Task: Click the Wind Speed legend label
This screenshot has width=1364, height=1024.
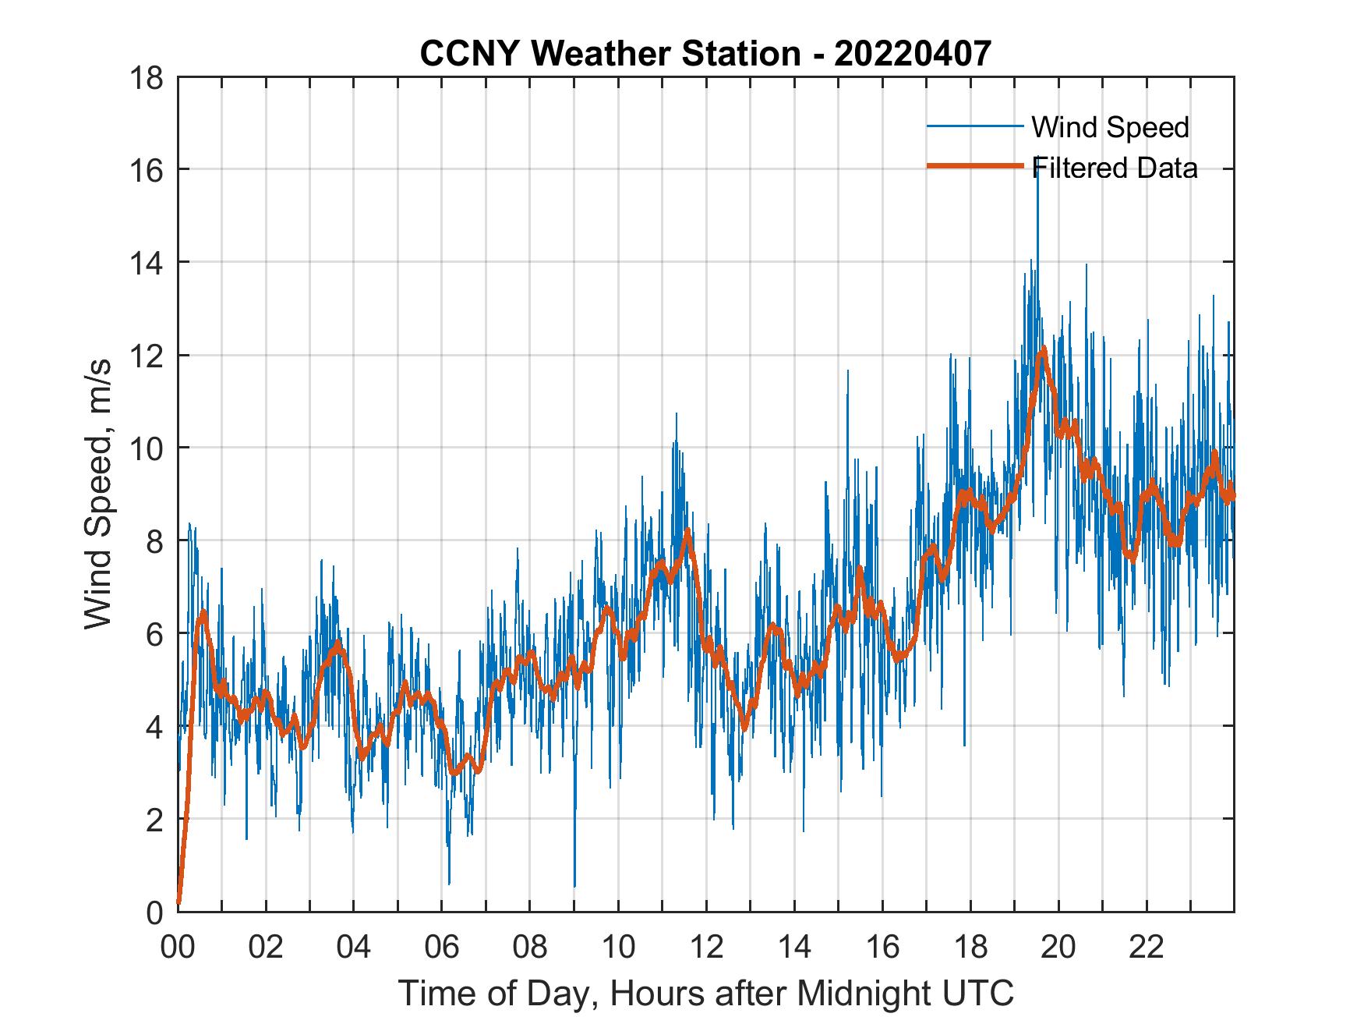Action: (x=1110, y=127)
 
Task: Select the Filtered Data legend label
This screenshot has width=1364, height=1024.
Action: (x=1115, y=168)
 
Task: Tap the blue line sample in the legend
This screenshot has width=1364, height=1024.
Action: (x=974, y=126)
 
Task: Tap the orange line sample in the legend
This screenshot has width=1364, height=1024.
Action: (x=974, y=166)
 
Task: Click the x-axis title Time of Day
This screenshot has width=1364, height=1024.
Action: (x=706, y=994)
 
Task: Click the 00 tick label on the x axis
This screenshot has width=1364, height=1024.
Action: (x=178, y=948)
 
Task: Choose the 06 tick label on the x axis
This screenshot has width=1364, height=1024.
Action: (x=442, y=948)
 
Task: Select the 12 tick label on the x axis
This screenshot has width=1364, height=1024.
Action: (x=706, y=948)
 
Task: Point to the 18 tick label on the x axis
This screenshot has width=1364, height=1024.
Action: (x=970, y=948)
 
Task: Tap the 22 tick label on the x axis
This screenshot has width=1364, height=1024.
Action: (x=1147, y=948)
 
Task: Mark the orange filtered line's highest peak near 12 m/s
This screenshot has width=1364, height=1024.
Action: (x=1043, y=351)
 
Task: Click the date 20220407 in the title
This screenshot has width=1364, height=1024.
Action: (x=913, y=54)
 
